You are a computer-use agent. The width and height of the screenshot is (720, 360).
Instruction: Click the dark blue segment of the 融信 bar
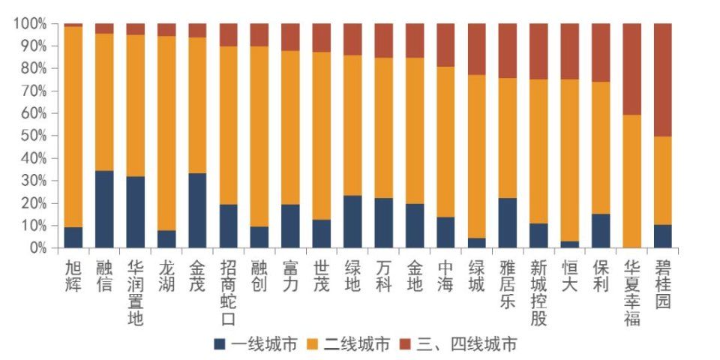pos(104,209)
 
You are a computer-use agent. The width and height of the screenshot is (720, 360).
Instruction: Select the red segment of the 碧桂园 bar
pos(663,79)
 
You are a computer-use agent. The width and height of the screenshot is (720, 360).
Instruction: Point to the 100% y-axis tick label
pos(29,24)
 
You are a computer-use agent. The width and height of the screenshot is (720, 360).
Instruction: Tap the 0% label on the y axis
pos(36,248)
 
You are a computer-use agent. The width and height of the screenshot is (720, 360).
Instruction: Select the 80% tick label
pos(31,69)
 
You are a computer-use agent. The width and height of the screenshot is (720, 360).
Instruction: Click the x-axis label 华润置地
pos(135,292)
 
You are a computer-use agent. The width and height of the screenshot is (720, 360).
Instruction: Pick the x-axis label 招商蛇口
pos(228,292)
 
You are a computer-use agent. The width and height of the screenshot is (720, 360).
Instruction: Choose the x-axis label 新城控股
pos(538,292)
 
